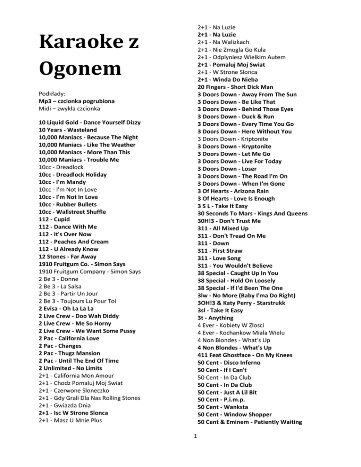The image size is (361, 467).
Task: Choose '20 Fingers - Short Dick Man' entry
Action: point(239,87)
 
